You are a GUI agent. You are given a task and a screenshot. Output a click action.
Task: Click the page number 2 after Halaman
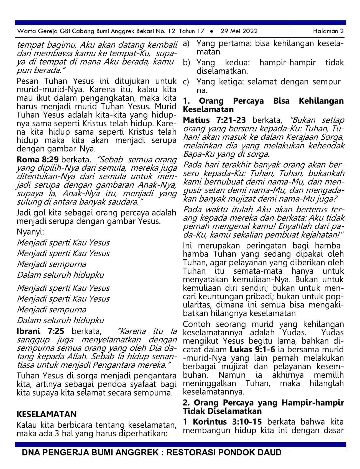(342, 31)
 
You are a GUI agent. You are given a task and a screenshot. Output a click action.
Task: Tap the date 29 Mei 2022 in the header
(239, 31)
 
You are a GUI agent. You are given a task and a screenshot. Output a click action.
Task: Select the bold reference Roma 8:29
(38, 160)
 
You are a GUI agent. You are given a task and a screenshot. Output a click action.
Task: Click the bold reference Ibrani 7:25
(40, 331)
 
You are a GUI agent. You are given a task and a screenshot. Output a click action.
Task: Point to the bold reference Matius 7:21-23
(214, 120)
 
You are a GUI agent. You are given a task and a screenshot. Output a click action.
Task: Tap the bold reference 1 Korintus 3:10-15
(222, 422)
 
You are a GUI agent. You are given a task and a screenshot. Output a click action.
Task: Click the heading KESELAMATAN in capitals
(47, 414)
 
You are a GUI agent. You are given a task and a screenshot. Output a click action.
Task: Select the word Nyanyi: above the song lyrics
(30, 232)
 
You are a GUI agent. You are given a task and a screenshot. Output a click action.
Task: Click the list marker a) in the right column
(186, 44)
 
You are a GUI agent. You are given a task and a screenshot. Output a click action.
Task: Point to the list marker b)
(186, 63)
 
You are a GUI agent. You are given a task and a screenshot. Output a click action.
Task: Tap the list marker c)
(186, 82)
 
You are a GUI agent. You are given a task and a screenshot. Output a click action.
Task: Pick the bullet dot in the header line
(212, 31)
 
